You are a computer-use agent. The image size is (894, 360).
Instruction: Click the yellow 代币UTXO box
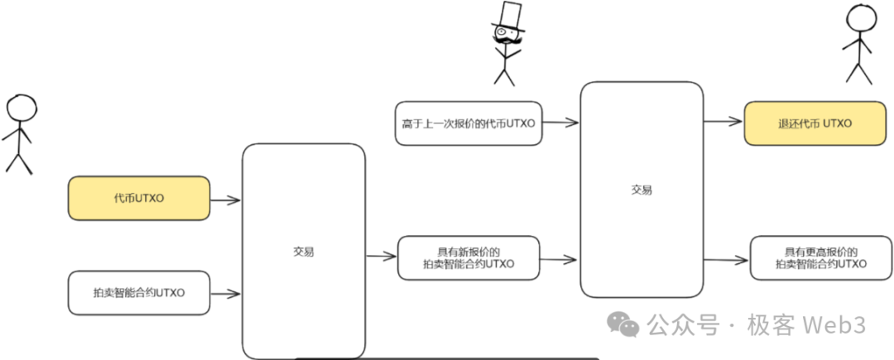pos(139,199)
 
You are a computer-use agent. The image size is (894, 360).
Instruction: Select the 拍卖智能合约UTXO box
pos(139,292)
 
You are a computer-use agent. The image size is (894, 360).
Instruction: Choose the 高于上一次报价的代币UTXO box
pos(469,123)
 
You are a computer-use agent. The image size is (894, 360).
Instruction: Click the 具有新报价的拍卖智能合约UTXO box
pos(469,257)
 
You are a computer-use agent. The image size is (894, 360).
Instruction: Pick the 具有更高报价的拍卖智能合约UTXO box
pos(821,257)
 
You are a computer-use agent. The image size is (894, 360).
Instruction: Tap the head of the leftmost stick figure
pos(21,108)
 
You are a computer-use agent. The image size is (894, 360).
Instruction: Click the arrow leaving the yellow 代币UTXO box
pos(225,199)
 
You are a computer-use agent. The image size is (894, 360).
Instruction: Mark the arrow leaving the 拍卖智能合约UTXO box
pos(225,293)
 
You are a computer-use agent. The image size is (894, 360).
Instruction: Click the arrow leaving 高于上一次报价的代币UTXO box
pos(560,123)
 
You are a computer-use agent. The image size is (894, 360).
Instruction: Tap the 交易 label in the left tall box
pos(303,252)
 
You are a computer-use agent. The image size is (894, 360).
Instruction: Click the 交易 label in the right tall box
pos(642,190)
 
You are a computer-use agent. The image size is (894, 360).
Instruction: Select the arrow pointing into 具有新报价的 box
pos(381,257)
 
